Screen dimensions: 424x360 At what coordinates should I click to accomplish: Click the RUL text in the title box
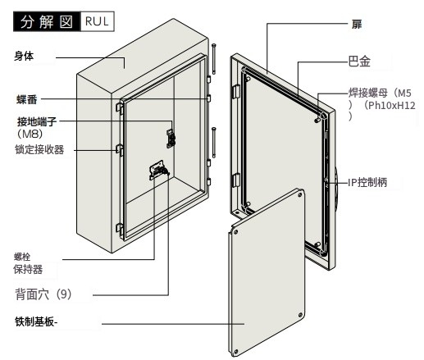[97, 21]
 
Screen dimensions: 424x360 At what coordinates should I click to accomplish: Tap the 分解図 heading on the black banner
[47, 21]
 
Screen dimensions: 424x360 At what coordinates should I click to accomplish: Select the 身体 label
[24, 56]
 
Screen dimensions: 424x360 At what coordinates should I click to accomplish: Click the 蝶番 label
[26, 99]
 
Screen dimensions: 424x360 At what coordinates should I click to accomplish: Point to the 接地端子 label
[37, 121]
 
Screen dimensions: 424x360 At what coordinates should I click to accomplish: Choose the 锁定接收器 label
[39, 149]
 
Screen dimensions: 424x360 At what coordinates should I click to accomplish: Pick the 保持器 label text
[28, 269]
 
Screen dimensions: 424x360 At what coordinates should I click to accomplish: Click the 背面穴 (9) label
[43, 294]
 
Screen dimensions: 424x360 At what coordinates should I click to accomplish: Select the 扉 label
[357, 25]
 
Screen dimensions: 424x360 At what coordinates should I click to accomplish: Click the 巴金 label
[359, 62]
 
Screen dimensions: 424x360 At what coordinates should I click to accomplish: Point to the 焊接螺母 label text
[368, 93]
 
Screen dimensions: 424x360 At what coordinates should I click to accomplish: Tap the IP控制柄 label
[367, 182]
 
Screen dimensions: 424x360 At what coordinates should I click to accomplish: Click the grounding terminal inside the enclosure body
[171, 139]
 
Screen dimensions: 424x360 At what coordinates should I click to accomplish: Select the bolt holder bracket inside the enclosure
[158, 170]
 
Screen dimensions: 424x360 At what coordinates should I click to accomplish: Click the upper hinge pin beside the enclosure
[214, 58]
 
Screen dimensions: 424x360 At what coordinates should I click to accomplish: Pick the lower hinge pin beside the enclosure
[214, 142]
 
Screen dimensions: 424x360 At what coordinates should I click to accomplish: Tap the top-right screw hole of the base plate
[300, 195]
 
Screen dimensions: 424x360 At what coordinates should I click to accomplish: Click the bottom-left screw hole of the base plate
[236, 351]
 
